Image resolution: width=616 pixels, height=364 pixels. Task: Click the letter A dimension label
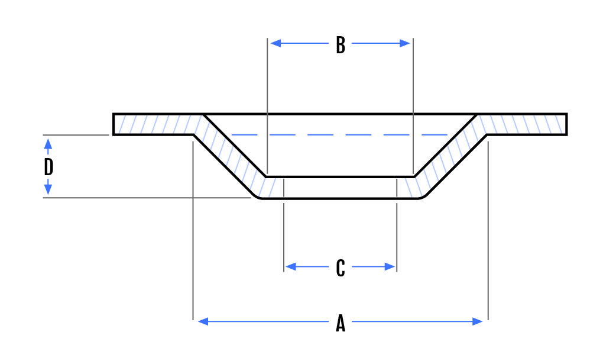coord(340,324)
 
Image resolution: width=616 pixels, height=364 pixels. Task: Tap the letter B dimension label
coord(340,45)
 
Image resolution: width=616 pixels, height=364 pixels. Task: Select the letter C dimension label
coord(340,268)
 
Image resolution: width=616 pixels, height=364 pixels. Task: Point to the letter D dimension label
coord(48,167)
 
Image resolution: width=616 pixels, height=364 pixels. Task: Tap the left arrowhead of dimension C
coord(291,267)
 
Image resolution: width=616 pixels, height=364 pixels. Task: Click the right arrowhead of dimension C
coord(390,267)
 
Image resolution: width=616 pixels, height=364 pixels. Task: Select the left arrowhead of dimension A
coord(203,322)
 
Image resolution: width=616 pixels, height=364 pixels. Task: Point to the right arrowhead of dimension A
coord(477,322)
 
